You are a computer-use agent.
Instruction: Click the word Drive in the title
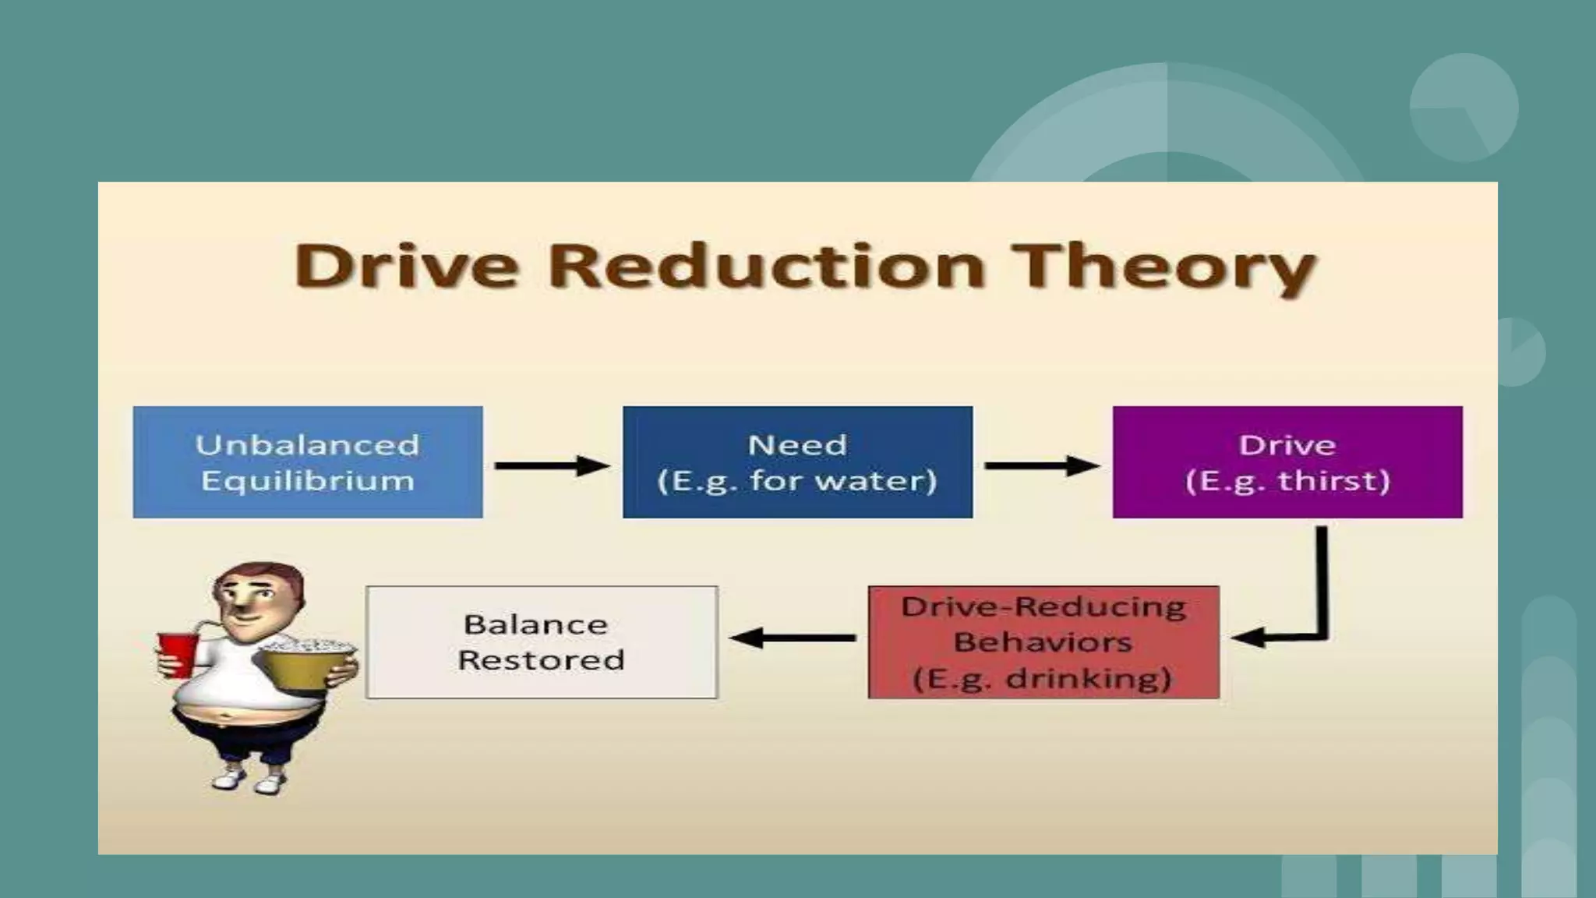point(407,266)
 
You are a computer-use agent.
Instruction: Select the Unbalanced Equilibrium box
point(308,461)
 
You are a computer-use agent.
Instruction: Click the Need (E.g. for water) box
point(797,461)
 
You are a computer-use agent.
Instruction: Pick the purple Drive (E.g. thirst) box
point(1287,461)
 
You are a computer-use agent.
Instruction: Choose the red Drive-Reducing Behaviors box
point(1043,642)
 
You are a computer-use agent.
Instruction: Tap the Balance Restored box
point(542,642)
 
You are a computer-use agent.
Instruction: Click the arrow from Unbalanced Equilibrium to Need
point(552,465)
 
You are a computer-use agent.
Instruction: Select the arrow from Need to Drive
point(1042,465)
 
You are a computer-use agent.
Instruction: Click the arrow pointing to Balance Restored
point(792,638)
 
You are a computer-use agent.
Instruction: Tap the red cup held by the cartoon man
point(178,654)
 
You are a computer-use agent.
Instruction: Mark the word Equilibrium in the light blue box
point(308,480)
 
